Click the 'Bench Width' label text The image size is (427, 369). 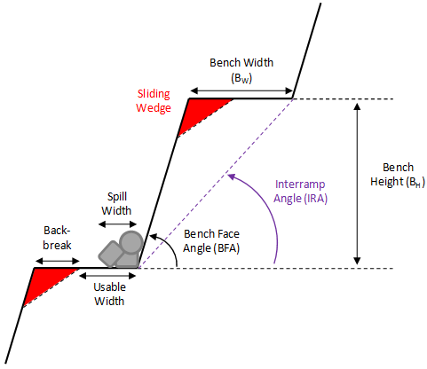click(241, 64)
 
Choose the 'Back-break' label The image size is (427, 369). click(56, 236)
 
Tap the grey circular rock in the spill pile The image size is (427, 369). click(131, 240)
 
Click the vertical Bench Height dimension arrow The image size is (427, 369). click(357, 183)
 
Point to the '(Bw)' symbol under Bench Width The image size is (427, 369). click(241, 78)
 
